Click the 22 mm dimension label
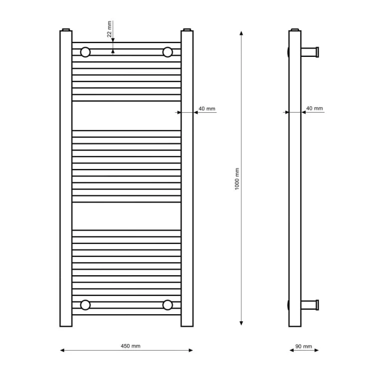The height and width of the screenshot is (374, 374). pos(109,29)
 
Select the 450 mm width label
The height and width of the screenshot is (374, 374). pos(131,346)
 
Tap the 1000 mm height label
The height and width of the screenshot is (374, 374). pos(237,179)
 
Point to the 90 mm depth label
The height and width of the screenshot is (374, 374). pos(304,347)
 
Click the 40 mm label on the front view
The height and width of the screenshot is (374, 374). pos(207,109)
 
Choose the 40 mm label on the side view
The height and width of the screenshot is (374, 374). pos(314,108)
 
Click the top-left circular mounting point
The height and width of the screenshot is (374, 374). pos(85,52)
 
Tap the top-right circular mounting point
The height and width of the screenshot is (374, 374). pos(168,52)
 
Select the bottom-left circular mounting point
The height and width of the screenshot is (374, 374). pos(85,305)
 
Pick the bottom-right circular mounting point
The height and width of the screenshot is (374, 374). pos(168,305)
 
